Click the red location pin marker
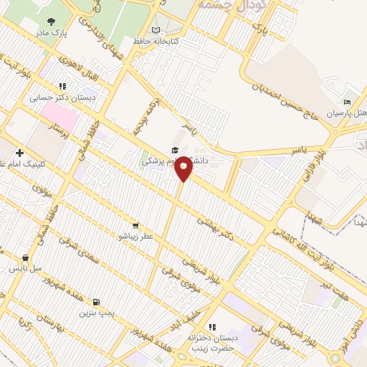[x=183, y=168]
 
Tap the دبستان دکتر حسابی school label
[x=57, y=96]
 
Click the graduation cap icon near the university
[x=174, y=150]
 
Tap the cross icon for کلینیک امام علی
[x=19, y=153]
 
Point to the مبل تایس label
[x=25, y=269]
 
